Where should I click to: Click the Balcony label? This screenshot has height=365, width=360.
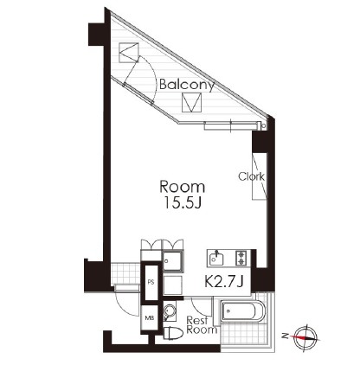187,85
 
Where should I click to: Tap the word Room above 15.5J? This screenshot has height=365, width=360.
183,187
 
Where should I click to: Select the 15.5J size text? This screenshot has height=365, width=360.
183,203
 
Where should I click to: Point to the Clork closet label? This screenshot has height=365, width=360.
251,176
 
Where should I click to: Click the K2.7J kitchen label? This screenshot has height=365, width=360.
224,282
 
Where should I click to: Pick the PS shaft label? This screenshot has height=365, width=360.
151,283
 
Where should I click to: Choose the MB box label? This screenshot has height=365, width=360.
150,318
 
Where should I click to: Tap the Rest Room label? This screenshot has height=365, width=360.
202,325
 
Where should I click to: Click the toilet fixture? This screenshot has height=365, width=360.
173,334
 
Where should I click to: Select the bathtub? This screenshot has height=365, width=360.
243,311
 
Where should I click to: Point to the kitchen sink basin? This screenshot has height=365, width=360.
216,258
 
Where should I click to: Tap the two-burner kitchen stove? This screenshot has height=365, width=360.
241,258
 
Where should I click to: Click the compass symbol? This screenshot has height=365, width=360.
305,337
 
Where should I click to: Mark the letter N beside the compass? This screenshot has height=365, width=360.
286,336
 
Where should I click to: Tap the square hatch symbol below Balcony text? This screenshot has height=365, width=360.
191,103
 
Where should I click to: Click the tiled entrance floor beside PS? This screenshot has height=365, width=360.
125,273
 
